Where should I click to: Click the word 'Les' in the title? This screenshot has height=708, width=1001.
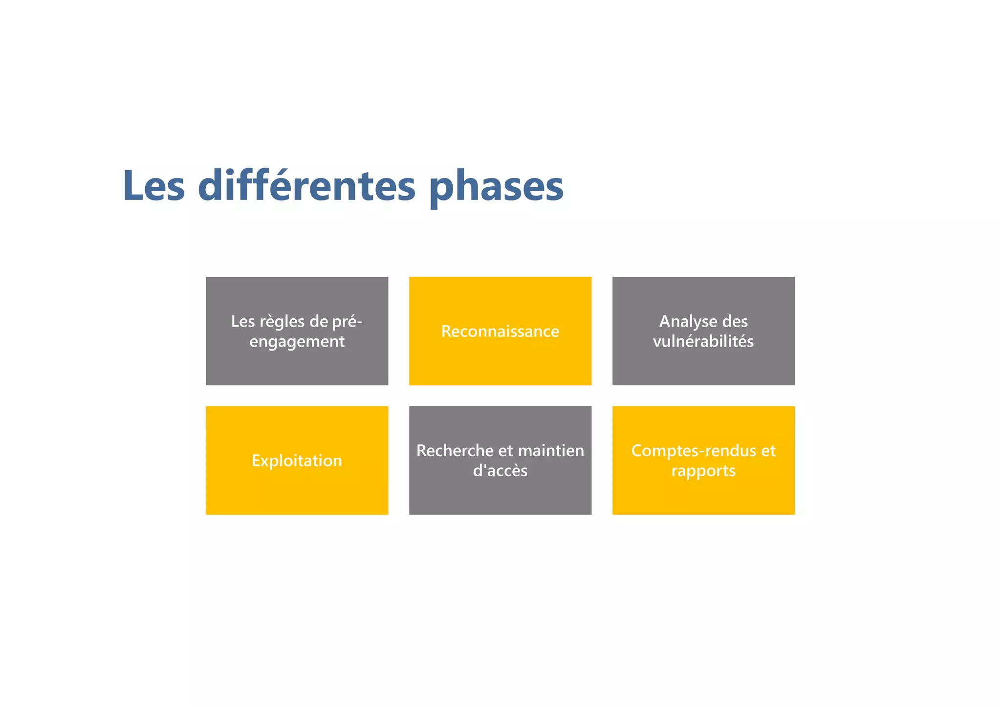[154, 186]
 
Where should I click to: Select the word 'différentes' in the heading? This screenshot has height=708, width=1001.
[306, 186]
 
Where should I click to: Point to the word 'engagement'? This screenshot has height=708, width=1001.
[297, 341]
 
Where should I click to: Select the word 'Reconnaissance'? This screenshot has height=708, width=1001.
[500, 332]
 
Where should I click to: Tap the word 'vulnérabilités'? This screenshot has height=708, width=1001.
[703, 341]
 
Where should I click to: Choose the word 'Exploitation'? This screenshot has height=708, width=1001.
[297, 461]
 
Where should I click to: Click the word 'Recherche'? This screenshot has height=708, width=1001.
[455, 450]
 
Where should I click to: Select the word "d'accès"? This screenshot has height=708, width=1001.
[500, 471]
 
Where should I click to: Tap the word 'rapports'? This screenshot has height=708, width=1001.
[703, 471]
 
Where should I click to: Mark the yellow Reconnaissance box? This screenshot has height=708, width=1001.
[500, 362]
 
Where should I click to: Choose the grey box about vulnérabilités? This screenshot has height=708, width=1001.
[703, 367]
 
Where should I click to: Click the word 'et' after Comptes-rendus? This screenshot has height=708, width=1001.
[768, 450]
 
